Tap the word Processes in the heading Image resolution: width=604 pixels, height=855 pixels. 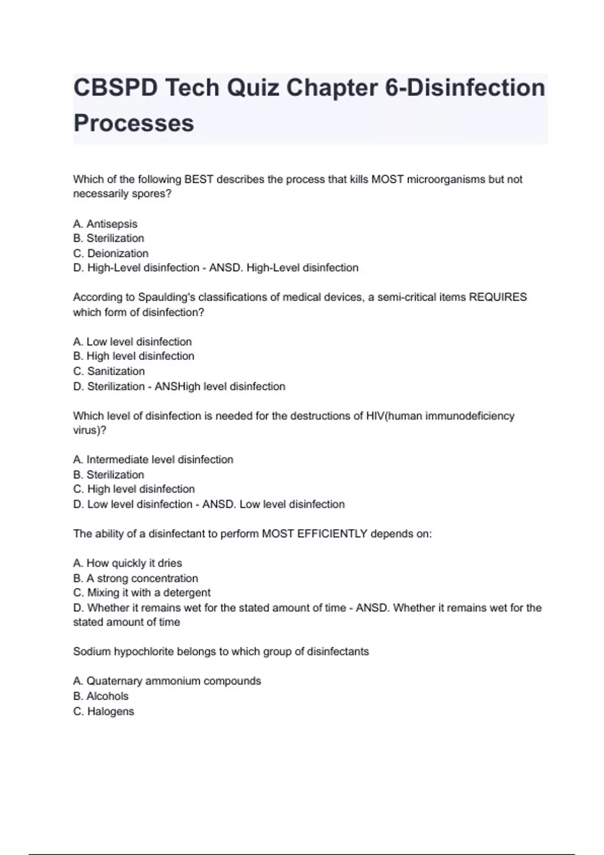(133, 123)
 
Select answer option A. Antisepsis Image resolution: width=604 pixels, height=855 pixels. (105, 224)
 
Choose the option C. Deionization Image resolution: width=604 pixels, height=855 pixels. (111, 253)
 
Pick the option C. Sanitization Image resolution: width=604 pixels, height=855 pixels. (109, 371)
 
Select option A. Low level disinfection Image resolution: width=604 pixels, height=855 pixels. (132, 341)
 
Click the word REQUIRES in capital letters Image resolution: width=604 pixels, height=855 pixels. (498, 297)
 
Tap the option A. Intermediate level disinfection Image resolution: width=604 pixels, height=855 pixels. (153, 459)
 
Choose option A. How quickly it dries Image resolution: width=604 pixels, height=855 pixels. (127, 563)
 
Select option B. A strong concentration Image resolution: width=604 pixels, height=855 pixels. (135, 578)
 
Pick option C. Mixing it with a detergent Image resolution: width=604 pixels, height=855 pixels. (141, 592)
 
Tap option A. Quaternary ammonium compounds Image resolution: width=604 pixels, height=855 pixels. (167, 680)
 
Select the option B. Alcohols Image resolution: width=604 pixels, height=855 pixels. (101, 696)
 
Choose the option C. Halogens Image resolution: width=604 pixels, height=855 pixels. (104, 711)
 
